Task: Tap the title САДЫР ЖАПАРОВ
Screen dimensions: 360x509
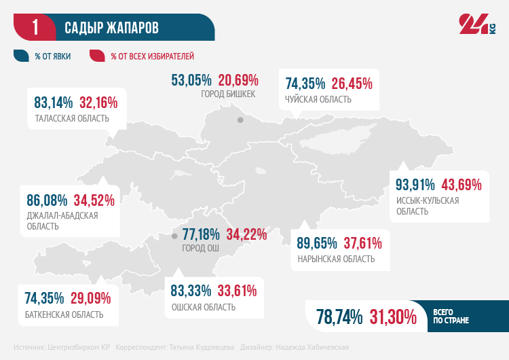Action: click(111, 28)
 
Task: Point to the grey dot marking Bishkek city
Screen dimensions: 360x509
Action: click(240, 120)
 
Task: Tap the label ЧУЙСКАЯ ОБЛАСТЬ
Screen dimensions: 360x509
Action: click(318, 100)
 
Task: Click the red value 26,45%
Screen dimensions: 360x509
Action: click(352, 84)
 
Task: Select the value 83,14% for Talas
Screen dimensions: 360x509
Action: click(54, 103)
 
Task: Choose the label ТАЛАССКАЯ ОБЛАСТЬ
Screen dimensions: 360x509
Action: click(71, 119)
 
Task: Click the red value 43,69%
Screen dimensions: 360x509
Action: click(461, 185)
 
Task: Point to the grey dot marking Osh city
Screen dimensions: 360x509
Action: click(174, 236)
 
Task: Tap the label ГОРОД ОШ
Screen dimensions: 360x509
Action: click(201, 249)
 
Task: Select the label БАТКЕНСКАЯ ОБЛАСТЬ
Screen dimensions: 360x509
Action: click(64, 314)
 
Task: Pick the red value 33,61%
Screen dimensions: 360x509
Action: click(237, 291)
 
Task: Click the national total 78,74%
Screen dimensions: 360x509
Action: click(339, 316)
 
